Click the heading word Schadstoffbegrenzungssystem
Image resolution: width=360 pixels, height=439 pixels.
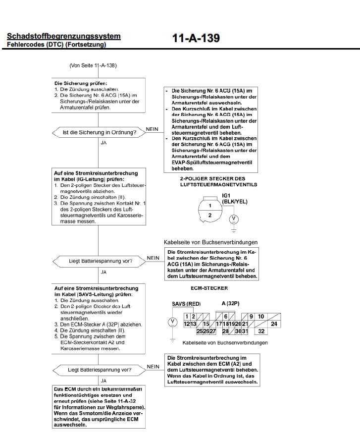(63, 36)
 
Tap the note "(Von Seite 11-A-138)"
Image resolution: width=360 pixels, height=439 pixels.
(93, 65)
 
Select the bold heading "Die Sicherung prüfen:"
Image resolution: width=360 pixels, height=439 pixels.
(80, 83)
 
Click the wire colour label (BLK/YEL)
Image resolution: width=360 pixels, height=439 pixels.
(235, 202)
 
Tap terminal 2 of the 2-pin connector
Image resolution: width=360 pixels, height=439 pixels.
(209, 215)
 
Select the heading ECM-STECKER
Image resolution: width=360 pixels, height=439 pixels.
(209, 288)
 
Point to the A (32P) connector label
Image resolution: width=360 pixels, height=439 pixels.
(230, 303)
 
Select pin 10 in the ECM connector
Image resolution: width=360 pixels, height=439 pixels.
(261, 317)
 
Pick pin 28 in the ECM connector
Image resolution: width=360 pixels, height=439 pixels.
(225, 331)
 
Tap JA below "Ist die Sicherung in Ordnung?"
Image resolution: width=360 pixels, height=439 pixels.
(103, 143)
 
